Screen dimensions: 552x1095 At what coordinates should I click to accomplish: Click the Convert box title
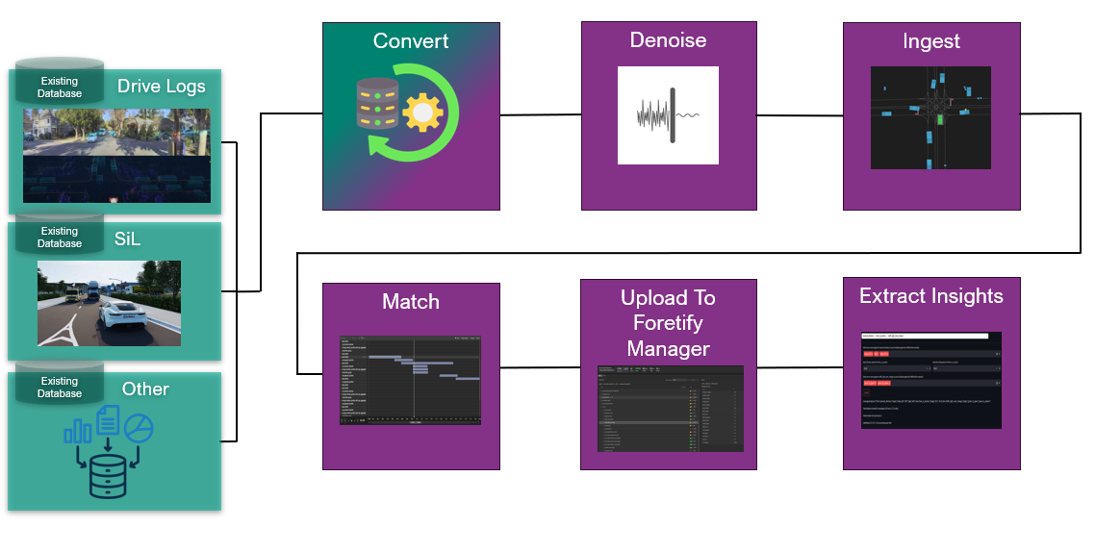[411, 42]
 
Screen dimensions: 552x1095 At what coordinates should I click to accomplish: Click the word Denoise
[668, 40]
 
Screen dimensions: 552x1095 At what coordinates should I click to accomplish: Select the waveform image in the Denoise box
[668, 115]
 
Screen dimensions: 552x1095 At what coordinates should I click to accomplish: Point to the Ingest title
[930, 41]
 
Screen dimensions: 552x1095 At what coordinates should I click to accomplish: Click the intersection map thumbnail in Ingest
[930, 117]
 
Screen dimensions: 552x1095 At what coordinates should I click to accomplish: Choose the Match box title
[411, 302]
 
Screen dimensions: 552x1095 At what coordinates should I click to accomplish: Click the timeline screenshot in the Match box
[411, 380]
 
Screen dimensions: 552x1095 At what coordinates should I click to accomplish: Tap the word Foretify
[668, 323]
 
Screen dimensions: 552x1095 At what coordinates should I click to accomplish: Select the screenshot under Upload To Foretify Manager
[668, 408]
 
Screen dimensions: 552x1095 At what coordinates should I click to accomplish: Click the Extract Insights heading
[930, 296]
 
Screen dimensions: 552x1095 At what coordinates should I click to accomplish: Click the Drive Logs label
[162, 87]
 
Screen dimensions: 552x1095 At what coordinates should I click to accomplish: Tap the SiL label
[128, 238]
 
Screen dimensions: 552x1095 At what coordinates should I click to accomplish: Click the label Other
[145, 389]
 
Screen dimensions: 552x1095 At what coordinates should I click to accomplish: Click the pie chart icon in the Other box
[140, 428]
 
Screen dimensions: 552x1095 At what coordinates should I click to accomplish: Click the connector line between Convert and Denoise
[541, 115]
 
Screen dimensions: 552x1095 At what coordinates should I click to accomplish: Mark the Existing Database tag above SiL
[60, 237]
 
